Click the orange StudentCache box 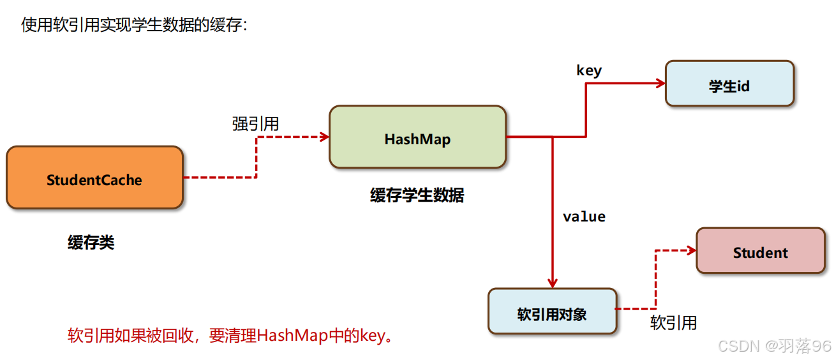(x=94, y=177)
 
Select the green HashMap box (x=417, y=137)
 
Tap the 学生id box (x=729, y=84)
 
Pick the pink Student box (x=760, y=251)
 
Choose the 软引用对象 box (x=552, y=311)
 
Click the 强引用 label (x=255, y=124)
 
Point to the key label (x=588, y=70)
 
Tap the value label (x=584, y=217)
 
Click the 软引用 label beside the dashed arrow (x=673, y=323)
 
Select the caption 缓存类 (x=91, y=243)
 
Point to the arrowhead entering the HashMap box (x=325, y=137)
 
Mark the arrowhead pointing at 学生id (x=660, y=83)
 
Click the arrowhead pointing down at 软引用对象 (x=553, y=283)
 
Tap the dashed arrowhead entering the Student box (x=691, y=251)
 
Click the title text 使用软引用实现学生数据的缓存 (x=133, y=25)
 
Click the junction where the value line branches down (x=553, y=137)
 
